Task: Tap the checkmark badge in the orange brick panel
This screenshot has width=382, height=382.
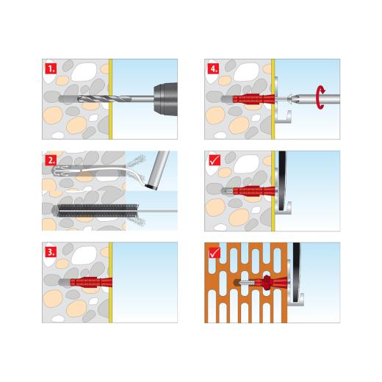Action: [213, 251]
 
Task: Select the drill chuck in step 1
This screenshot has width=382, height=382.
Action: [164, 98]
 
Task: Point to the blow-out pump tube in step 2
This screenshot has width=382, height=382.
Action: [156, 171]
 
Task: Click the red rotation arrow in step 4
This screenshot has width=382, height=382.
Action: [320, 97]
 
